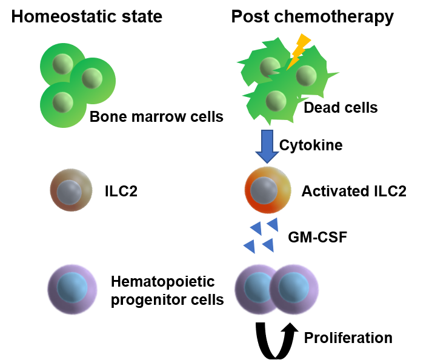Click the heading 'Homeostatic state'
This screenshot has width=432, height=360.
tap(87, 17)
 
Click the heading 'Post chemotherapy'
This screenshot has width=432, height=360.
tap(313, 17)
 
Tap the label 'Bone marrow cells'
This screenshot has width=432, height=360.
tap(156, 116)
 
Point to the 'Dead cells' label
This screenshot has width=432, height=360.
tap(341, 108)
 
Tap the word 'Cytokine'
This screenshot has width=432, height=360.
tap(311, 145)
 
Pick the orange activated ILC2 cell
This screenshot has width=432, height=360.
tap(267, 190)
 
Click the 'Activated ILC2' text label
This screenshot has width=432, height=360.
tap(354, 192)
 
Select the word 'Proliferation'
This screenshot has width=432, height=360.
tap(348, 337)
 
